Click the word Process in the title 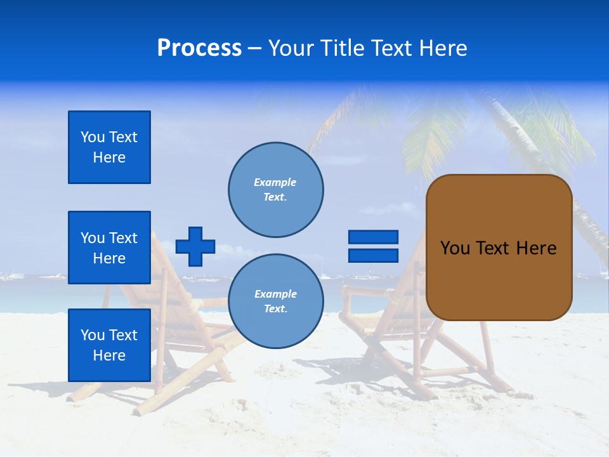(x=199, y=48)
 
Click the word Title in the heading (x=341, y=48)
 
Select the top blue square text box (x=109, y=147)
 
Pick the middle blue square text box (x=109, y=248)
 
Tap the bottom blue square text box (x=109, y=345)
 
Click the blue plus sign (x=195, y=246)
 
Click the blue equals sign (x=373, y=246)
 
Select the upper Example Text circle (x=275, y=190)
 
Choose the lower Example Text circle (x=275, y=301)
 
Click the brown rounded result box (x=499, y=248)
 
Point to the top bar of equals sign (x=373, y=237)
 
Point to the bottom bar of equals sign (x=373, y=256)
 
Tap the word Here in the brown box (x=536, y=248)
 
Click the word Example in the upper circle (x=275, y=182)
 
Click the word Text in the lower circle (x=275, y=309)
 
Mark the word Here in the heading (x=443, y=48)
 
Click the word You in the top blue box (x=91, y=137)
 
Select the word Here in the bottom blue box (x=109, y=355)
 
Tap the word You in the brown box (x=455, y=248)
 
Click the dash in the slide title (x=255, y=48)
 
